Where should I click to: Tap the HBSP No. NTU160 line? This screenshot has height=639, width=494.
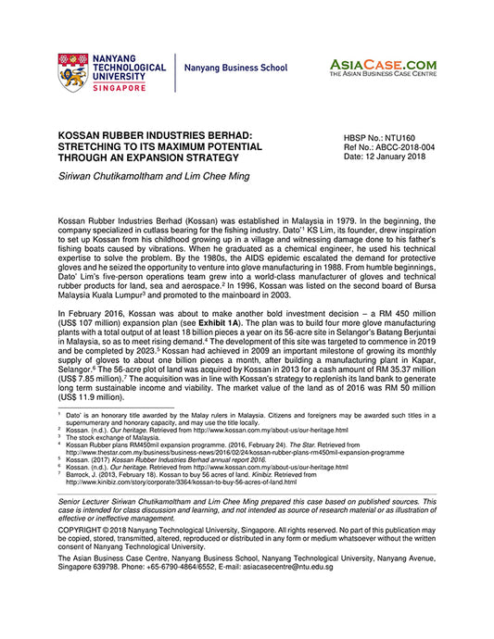coord(381,135)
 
